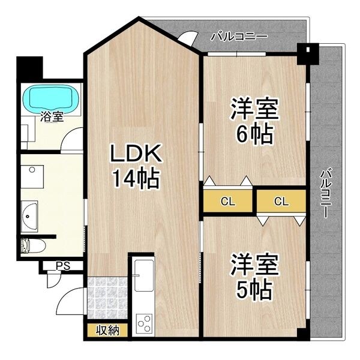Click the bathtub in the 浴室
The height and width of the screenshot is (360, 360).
point(50,98)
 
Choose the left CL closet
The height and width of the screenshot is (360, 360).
point(227,202)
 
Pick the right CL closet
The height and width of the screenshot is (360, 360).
point(281,202)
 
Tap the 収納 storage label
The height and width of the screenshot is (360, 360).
point(106,330)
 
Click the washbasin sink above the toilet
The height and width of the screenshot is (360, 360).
point(29,214)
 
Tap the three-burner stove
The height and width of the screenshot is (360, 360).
point(144,325)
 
